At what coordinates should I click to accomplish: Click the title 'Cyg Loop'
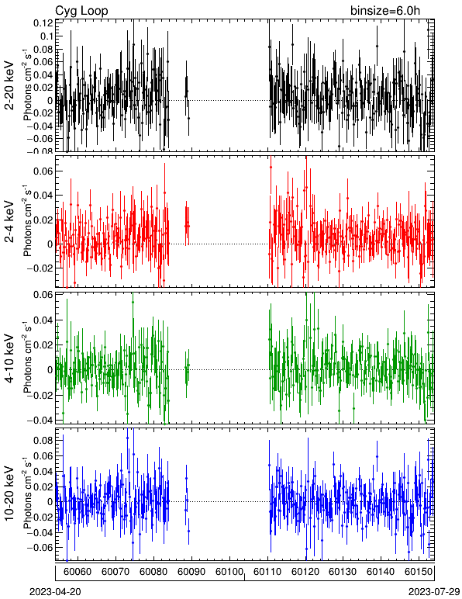pos(81,11)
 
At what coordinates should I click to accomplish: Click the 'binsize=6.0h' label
pos(385,11)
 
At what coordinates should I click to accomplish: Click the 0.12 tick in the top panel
pos(43,23)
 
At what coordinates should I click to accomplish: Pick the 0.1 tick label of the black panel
pos(46,36)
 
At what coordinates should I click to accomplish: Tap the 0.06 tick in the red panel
pos(43,171)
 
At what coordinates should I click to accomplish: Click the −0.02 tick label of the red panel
pos(40,268)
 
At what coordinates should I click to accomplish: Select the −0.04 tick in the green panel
pos(40,420)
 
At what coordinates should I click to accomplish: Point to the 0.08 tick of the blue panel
pos(43,440)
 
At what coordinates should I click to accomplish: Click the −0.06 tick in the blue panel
pos(40,547)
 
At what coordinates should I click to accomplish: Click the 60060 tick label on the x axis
pos(78,572)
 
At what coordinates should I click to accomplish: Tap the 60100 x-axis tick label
pos(229,572)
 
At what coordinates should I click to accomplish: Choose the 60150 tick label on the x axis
pos(419,572)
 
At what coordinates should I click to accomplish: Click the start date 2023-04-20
pos(55,592)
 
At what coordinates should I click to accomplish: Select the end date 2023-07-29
pos(434,592)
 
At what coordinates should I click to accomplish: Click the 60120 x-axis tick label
pos(305,572)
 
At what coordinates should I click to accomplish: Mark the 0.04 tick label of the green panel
pos(43,320)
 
